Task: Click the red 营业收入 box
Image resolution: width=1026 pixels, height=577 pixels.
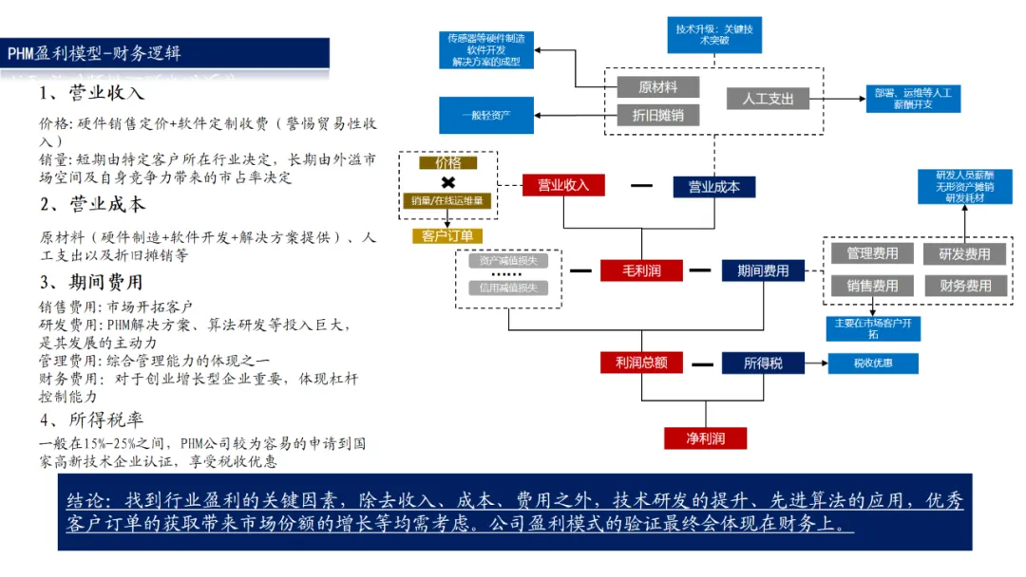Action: click(x=563, y=186)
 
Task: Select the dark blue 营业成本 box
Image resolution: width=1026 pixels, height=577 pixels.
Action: click(x=713, y=187)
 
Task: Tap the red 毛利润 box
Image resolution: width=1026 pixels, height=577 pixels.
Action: click(x=641, y=270)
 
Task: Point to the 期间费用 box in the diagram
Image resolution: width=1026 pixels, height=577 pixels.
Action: click(x=762, y=270)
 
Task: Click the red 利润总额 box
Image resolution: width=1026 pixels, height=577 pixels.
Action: click(x=641, y=363)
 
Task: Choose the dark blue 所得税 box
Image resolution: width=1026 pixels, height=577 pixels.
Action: click(x=762, y=363)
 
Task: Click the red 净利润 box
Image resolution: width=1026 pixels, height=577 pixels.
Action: click(x=705, y=438)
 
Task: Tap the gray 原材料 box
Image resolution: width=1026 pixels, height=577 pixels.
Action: click(x=657, y=87)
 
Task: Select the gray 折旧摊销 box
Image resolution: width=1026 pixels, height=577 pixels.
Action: click(x=657, y=116)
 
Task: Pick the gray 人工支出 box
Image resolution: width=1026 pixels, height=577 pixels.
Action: click(x=768, y=98)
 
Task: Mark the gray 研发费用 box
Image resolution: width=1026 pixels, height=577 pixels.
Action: click(x=964, y=253)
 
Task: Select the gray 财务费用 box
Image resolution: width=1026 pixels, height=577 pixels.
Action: click(x=964, y=286)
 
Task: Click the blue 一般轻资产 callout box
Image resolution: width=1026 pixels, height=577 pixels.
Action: click(x=486, y=115)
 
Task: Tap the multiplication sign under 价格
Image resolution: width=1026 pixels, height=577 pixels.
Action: click(x=447, y=181)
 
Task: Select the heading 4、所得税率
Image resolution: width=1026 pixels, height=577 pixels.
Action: click(x=91, y=419)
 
